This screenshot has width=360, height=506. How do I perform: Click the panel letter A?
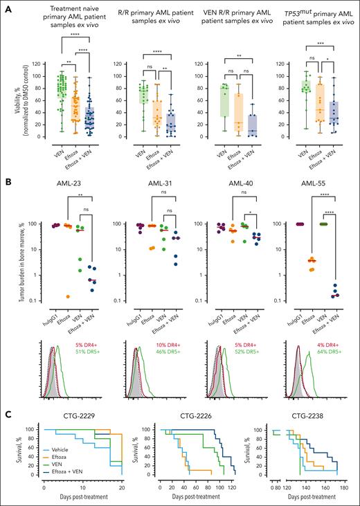click(6, 7)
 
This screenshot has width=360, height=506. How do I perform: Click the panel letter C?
click(6, 413)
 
